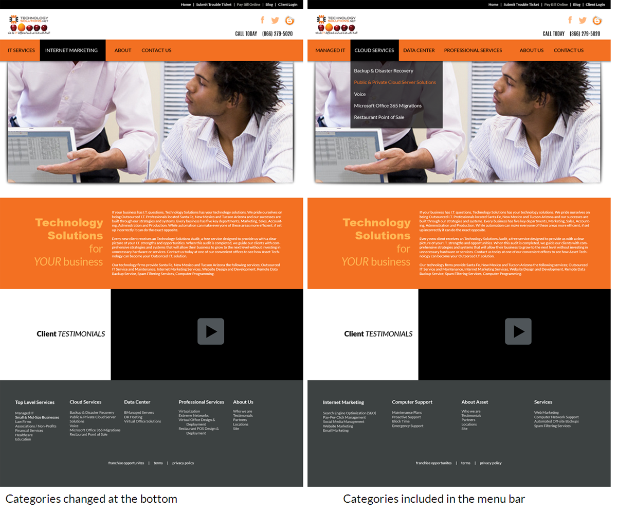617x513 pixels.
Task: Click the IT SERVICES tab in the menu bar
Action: click(21, 50)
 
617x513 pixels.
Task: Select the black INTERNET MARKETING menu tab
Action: click(71, 50)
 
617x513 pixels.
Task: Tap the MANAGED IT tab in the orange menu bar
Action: click(330, 50)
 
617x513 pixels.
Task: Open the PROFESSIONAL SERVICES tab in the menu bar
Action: click(473, 50)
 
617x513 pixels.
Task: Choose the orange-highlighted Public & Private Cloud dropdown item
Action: click(395, 82)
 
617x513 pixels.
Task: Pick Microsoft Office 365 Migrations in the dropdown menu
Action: click(388, 105)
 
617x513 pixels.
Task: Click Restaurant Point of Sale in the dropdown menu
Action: click(379, 117)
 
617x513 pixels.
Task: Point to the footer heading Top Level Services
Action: click(34, 402)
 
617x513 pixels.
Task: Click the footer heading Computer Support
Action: click(412, 402)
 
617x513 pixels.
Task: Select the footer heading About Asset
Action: click(475, 402)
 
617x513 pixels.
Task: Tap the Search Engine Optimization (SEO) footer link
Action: click(349, 413)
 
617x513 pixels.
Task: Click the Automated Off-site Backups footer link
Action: click(556, 421)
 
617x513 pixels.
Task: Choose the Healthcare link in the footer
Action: click(24, 435)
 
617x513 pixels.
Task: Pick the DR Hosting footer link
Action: click(133, 417)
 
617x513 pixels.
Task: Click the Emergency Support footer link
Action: click(408, 426)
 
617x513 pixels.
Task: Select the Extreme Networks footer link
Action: click(193, 415)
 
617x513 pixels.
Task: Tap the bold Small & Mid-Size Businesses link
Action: click(37, 417)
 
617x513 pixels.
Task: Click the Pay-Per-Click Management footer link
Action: click(344, 417)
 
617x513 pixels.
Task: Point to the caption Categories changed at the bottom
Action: click(91, 499)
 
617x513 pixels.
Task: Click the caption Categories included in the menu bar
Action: click(433, 499)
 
